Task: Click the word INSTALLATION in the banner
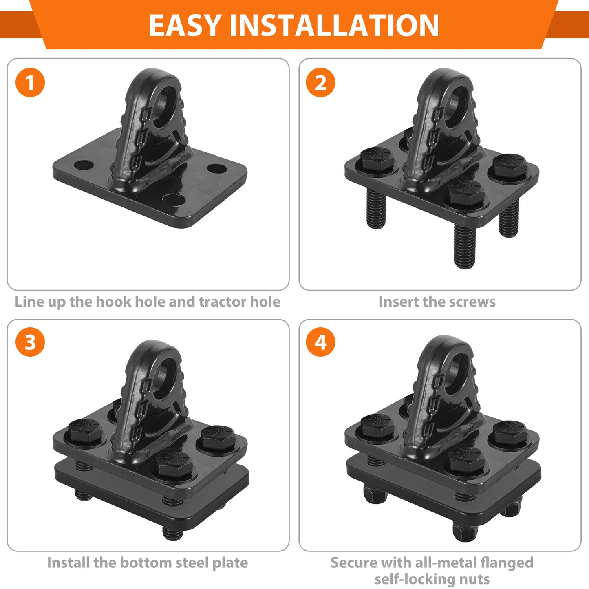point(334,26)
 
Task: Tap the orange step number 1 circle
point(30,82)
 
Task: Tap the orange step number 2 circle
point(321,82)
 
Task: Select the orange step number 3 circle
point(30,342)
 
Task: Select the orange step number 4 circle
point(321,342)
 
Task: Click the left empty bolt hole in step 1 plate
point(84,165)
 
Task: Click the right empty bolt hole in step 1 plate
point(216,168)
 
